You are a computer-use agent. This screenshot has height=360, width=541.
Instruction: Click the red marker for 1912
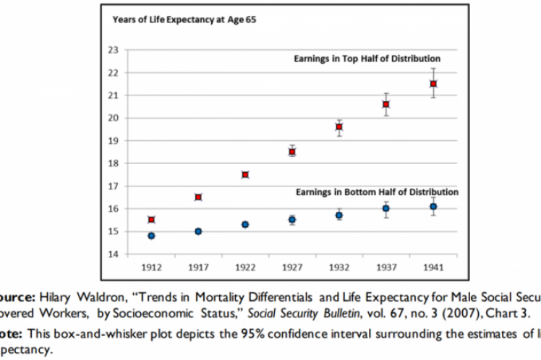point(151,220)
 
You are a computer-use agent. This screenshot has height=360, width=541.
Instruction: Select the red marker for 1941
point(433,84)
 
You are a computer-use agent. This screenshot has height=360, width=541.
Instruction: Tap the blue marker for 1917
point(198,231)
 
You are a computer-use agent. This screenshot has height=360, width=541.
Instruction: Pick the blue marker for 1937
point(386,208)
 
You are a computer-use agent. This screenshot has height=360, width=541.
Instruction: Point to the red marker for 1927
point(292,152)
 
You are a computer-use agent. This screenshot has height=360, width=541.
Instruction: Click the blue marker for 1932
point(339,215)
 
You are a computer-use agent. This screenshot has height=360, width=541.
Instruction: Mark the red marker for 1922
point(245,175)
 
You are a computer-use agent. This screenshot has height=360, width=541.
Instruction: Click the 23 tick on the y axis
point(113,50)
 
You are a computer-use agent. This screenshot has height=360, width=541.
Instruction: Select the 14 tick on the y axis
point(113,254)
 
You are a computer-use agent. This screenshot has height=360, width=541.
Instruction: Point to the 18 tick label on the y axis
point(113,163)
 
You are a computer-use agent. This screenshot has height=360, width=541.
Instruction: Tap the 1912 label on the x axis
point(151,267)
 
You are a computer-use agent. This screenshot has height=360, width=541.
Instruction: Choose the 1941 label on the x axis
point(433,267)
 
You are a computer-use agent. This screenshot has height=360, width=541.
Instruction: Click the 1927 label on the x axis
point(292,267)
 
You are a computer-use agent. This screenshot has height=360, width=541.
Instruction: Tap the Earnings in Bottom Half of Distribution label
point(376,192)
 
